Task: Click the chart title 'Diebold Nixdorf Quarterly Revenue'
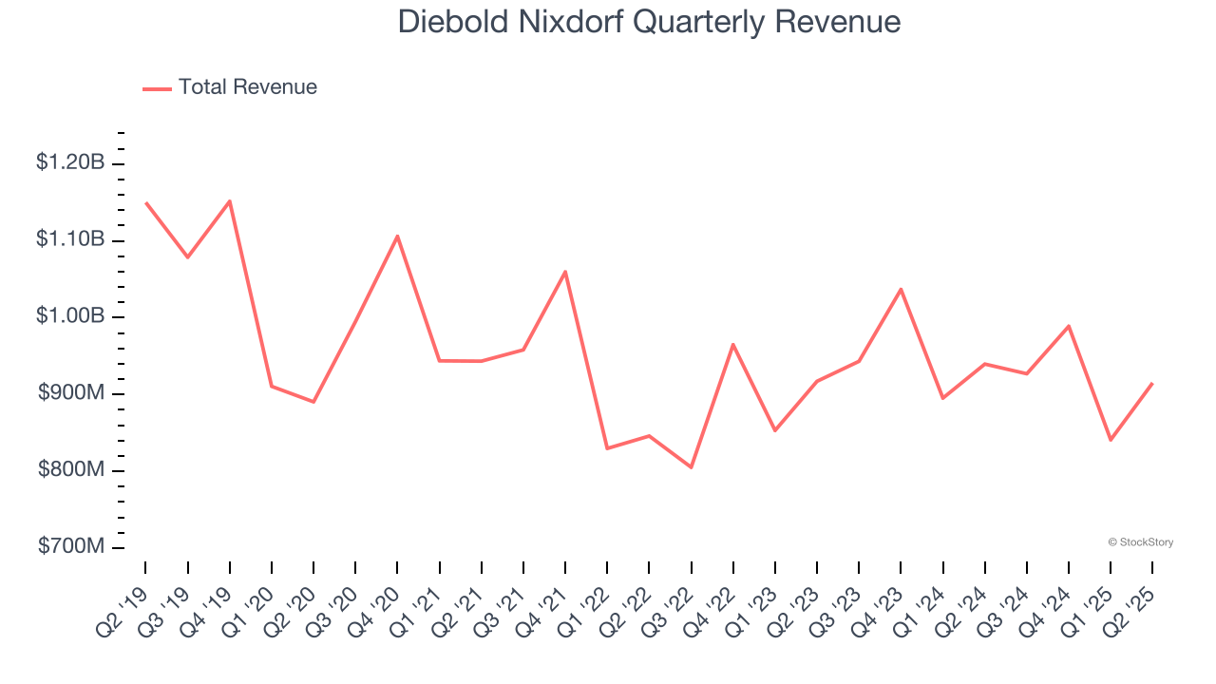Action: click(649, 21)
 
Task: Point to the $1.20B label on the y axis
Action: click(70, 162)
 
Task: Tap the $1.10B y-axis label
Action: click(70, 239)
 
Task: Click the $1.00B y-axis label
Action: click(70, 316)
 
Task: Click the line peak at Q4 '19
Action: click(230, 200)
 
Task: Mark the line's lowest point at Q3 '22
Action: click(691, 467)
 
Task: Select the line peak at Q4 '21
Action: click(565, 272)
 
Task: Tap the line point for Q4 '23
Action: click(901, 289)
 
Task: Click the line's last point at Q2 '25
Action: click(1152, 383)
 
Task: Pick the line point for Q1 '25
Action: click(1111, 440)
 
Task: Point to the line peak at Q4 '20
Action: click(397, 236)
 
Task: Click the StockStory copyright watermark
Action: click(1140, 542)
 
